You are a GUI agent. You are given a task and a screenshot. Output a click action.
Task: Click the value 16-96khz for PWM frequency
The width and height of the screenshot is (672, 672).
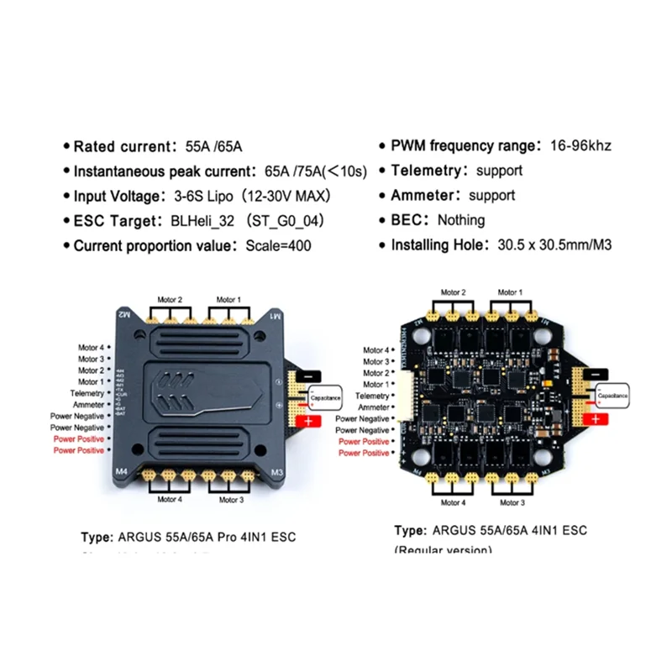[580, 145]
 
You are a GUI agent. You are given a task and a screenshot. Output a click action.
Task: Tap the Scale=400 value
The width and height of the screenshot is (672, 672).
[278, 247]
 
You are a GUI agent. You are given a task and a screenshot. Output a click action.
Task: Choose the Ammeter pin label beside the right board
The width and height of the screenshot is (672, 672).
[373, 407]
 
